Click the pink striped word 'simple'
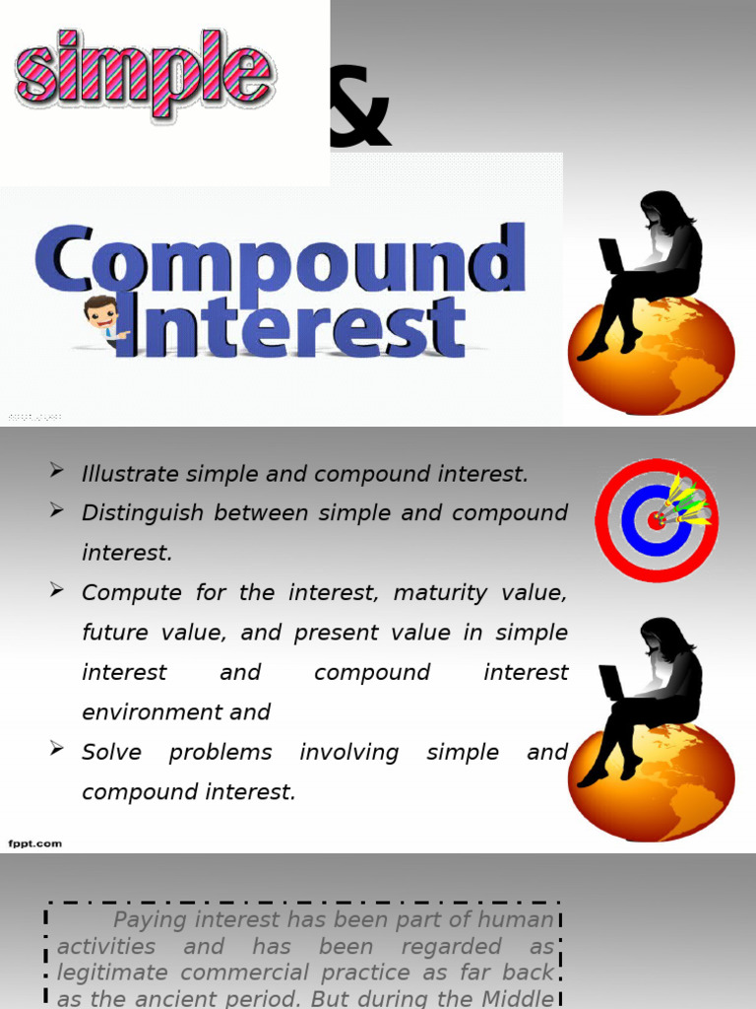coord(145,74)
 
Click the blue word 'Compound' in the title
coord(280,258)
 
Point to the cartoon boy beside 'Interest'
coord(102,318)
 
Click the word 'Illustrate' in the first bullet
coord(129,474)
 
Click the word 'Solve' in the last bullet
coord(111,753)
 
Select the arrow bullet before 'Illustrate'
coord(57,472)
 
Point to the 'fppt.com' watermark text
coord(34,843)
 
